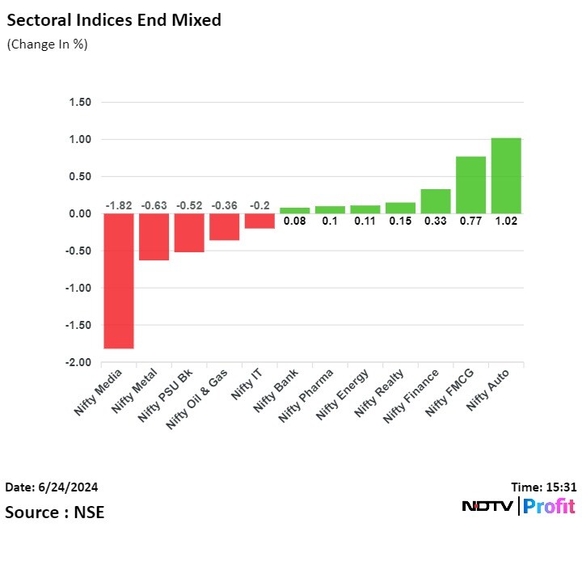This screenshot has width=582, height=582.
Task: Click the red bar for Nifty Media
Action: [118, 280]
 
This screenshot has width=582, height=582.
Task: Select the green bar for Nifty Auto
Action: [505, 175]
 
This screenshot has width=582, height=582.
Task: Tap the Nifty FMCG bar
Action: [470, 184]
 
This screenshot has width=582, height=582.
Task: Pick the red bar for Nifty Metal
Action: [154, 237]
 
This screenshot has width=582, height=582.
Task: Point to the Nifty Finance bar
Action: [435, 201]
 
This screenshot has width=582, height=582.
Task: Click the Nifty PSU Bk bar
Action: [188, 233]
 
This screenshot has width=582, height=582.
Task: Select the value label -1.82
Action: [118, 205]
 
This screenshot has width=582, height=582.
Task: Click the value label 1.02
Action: [505, 221]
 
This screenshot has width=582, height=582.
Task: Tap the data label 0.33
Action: [435, 221]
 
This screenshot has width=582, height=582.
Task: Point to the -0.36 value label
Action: [224, 205]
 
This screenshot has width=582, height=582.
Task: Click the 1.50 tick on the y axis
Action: [80, 103]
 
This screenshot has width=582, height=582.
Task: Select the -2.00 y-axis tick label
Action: [78, 363]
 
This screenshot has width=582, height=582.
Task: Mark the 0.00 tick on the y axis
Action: [80, 214]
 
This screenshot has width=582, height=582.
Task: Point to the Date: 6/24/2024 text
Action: [52, 487]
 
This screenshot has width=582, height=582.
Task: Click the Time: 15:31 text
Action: [543, 487]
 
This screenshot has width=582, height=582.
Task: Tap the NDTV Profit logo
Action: [518, 507]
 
